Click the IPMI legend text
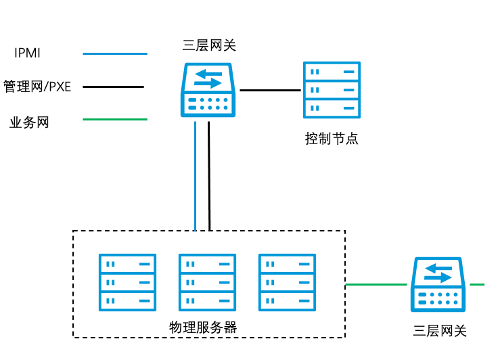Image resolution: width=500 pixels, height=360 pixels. click(x=28, y=53)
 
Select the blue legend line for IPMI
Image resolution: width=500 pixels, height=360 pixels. click(x=114, y=53)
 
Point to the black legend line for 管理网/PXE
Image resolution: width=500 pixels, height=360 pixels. click(x=113, y=87)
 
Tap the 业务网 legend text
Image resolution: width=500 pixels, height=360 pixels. click(x=29, y=122)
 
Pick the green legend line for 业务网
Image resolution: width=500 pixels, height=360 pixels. click(x=114, y=120)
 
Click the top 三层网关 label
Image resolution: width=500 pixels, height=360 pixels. click(x=209, y=46)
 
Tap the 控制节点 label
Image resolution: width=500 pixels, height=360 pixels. click(x=332, y=139)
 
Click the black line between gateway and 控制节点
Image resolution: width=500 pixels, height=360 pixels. click(x=270, y=90)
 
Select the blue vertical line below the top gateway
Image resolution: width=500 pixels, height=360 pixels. click(x=196, y=176)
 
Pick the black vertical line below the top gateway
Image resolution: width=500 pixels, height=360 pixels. click(x=210, y=176)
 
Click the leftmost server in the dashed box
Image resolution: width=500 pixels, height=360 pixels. click(x=127, y=282)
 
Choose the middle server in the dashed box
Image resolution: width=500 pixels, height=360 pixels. click(x=207, y=282)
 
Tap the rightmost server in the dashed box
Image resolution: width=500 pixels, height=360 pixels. click(x=287, y=282)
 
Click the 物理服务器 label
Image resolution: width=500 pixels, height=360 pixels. click(x=203, y=328)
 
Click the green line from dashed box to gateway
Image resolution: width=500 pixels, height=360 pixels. click(x=376, y=285)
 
